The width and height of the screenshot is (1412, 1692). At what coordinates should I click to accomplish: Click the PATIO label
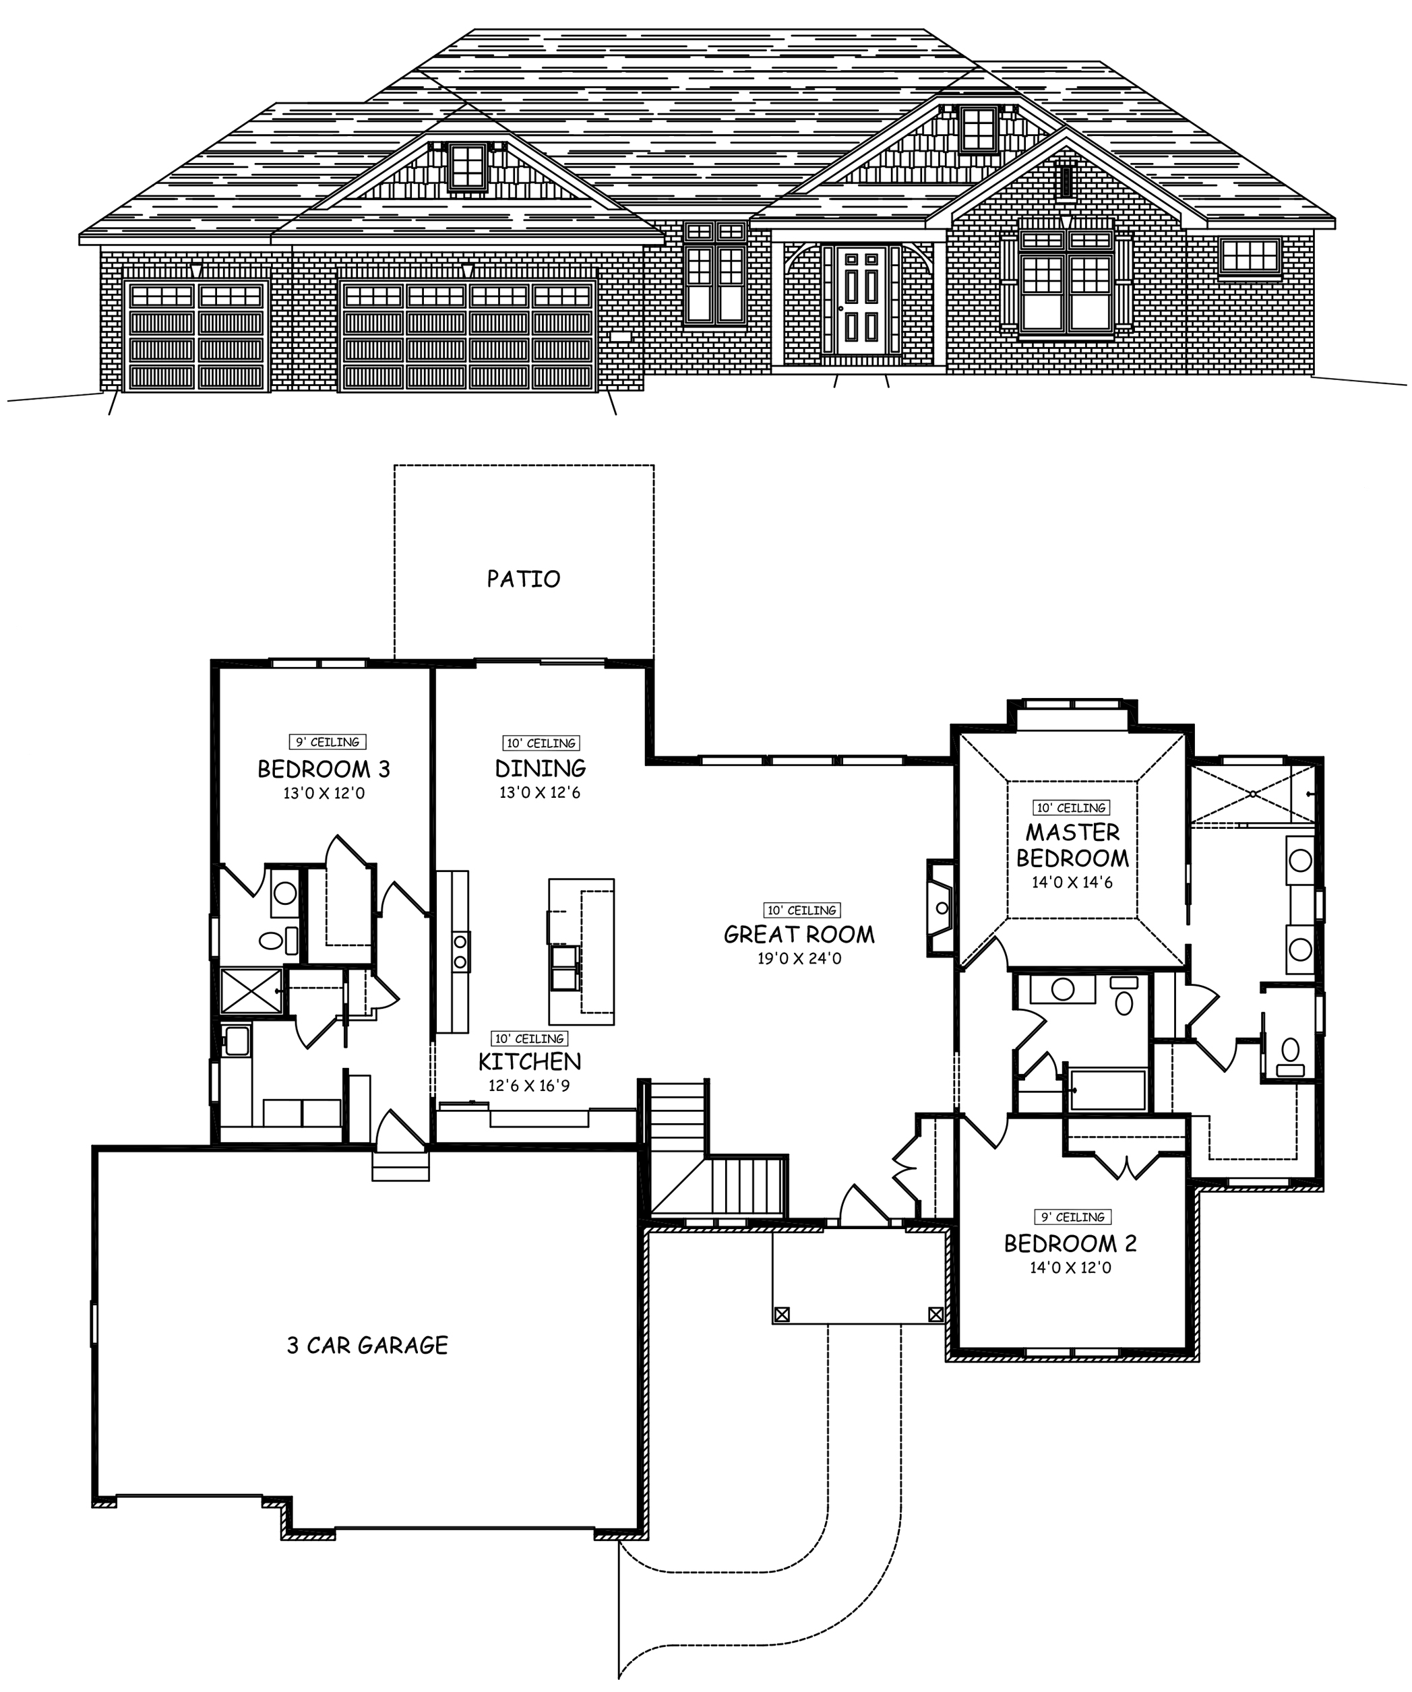[523, 579]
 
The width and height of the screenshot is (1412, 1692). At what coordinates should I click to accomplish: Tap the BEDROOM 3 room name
[324, 769]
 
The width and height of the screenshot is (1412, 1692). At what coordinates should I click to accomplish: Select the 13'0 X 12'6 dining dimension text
[539, 793]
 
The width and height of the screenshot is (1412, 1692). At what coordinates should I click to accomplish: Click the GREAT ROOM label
[799, 935]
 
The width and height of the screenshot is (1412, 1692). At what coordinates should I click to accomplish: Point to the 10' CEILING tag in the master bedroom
[1071, 807]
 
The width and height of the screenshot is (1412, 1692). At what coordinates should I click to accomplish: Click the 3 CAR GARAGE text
[367, 1346]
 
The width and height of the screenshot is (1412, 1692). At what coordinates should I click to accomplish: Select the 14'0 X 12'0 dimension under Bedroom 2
[1070, 1267]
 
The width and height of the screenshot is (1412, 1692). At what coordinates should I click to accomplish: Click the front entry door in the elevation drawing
[861, 301]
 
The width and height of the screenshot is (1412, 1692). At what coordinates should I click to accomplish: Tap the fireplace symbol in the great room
[940, 908]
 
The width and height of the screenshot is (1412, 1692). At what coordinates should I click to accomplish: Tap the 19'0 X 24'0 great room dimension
[799, 959]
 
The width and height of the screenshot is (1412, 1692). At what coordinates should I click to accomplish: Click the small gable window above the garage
[468, 167]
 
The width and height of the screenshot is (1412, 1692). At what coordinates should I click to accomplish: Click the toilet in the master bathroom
[1290, 1050]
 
